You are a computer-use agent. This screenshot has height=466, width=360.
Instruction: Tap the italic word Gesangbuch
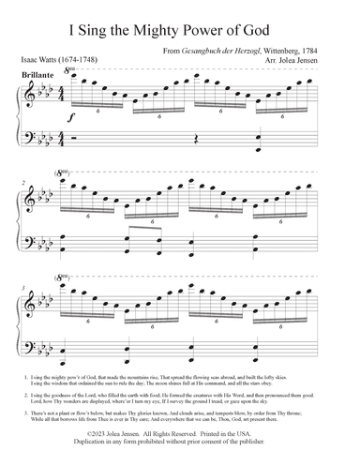click(202, 49)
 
